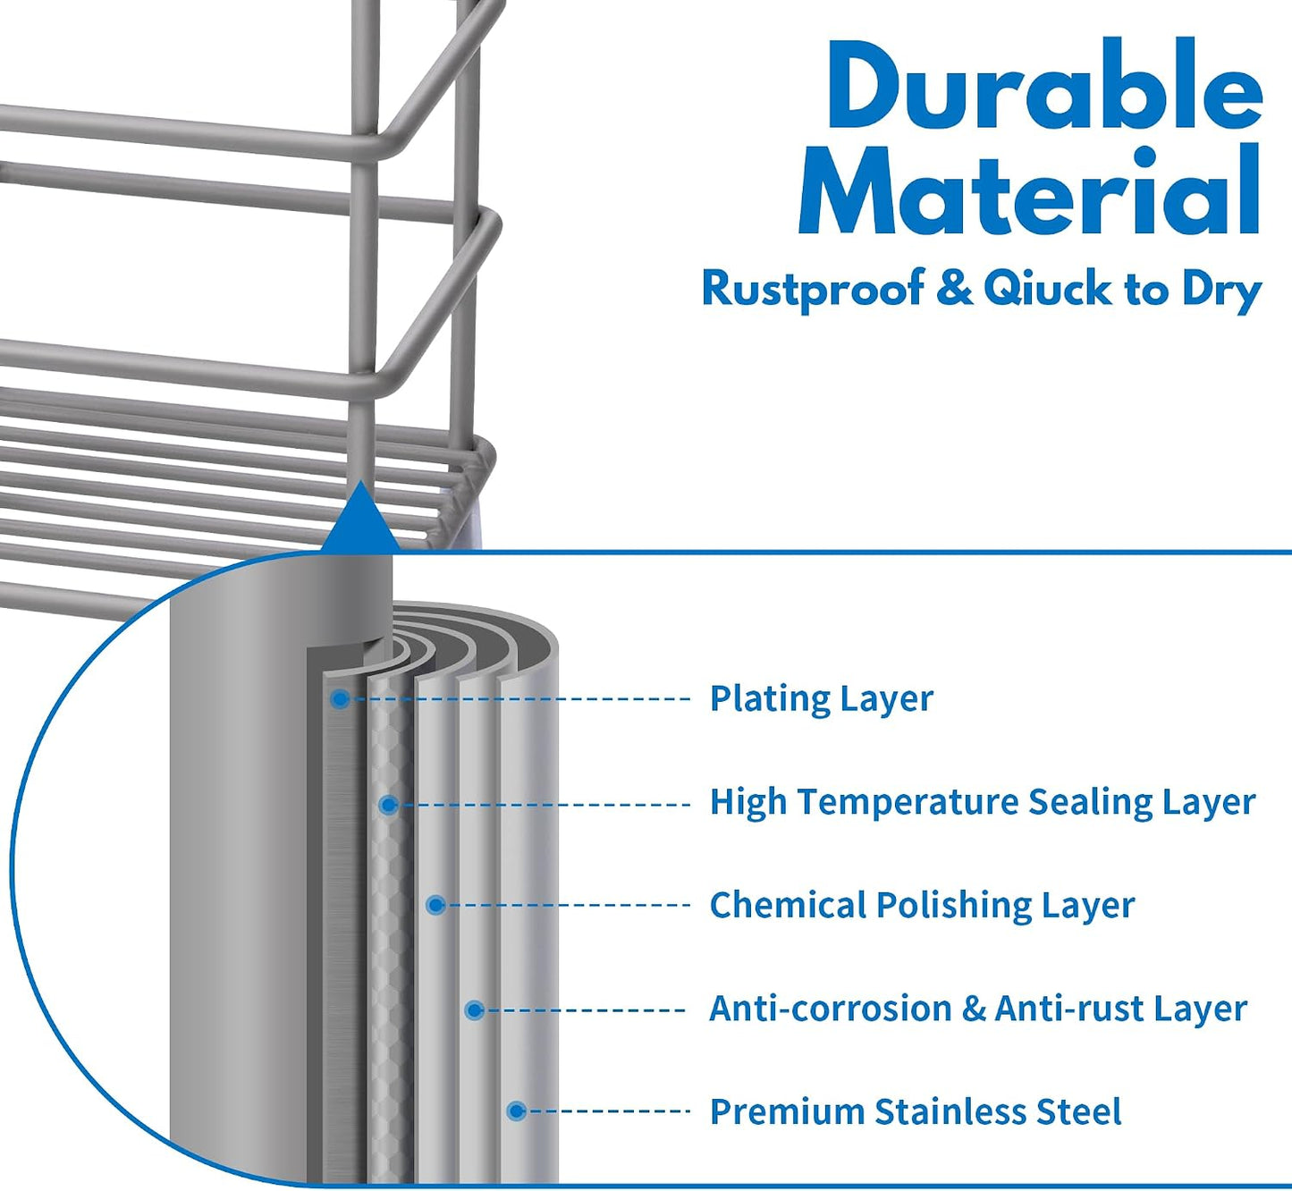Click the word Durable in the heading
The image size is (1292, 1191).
1045,84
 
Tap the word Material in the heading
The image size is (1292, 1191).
1030,190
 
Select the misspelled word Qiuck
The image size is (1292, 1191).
1048,288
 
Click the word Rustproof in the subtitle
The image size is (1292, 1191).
813,289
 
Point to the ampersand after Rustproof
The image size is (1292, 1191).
955,288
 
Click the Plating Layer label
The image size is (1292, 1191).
821,699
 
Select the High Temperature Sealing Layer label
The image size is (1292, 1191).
983,802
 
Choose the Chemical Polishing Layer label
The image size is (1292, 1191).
922,905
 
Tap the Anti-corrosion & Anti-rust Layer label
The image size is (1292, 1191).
978,1009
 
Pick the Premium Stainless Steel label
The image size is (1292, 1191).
916,1111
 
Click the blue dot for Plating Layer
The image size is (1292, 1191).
339,699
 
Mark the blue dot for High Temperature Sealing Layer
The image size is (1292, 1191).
388,806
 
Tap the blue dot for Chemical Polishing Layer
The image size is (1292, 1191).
435,905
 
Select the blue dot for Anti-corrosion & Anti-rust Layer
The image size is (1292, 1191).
474,1010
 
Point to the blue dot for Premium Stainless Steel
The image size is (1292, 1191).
517,1111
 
